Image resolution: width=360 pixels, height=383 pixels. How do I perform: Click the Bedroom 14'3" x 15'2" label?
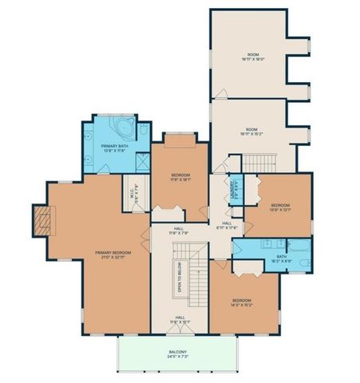click(242, 302)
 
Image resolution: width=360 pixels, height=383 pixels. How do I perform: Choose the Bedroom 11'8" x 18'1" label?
click(183, 176)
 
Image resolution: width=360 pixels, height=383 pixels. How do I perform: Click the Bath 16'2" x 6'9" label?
click(280, 259)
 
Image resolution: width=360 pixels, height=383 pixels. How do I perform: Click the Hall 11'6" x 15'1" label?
click(180, 320)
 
